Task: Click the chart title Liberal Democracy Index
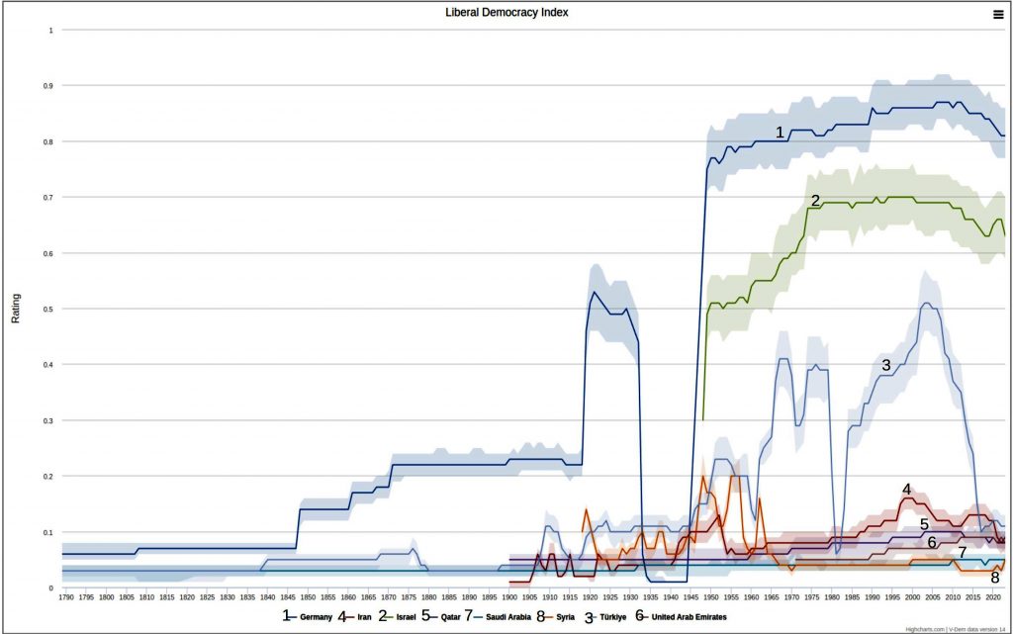(506, 13)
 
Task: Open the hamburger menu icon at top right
(998, 14)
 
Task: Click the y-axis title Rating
(15, 309)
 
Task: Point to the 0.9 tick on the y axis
(49, 86)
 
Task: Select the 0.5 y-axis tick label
(49, 309)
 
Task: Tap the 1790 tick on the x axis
(66, 597)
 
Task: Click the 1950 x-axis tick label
(709, 597)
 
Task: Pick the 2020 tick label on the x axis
(991, 597)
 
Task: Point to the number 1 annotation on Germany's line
(780, 132)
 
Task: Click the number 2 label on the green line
(815, 201)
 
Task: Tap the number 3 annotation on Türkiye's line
(885, 365)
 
